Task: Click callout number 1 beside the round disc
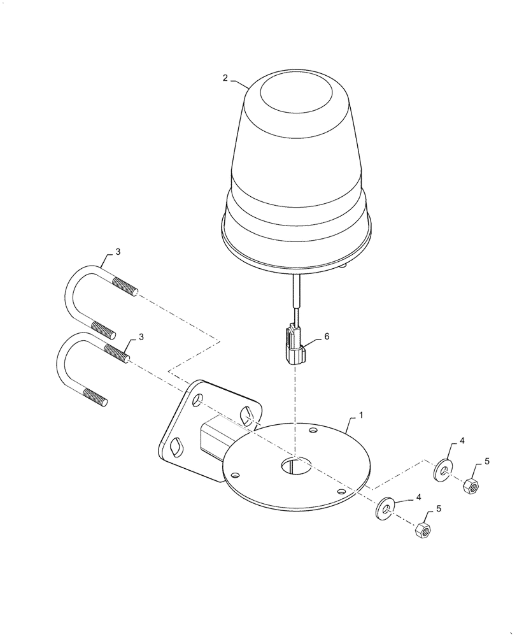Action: tap(360, 415)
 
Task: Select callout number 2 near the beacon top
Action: tap(225, 78)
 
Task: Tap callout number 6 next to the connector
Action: tap(327, 337)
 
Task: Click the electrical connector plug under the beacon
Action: tap(294, 345)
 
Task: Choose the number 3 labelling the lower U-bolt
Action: tap(141, 336)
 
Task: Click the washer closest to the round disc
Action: tap(386, 508)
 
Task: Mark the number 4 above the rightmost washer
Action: tap(462, 441)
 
